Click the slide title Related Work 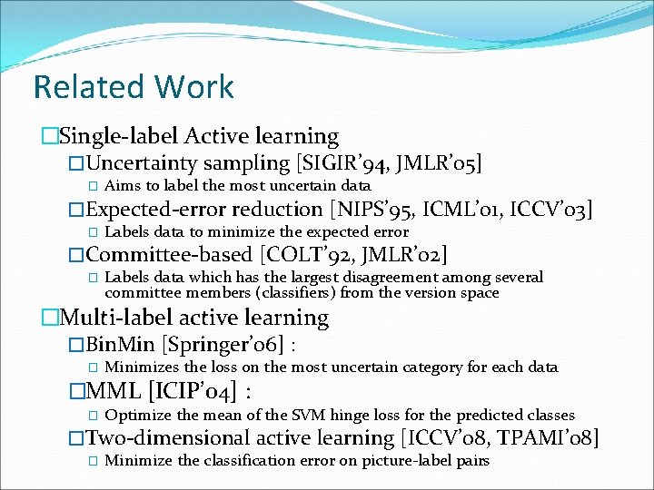click(x=134, y=87)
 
